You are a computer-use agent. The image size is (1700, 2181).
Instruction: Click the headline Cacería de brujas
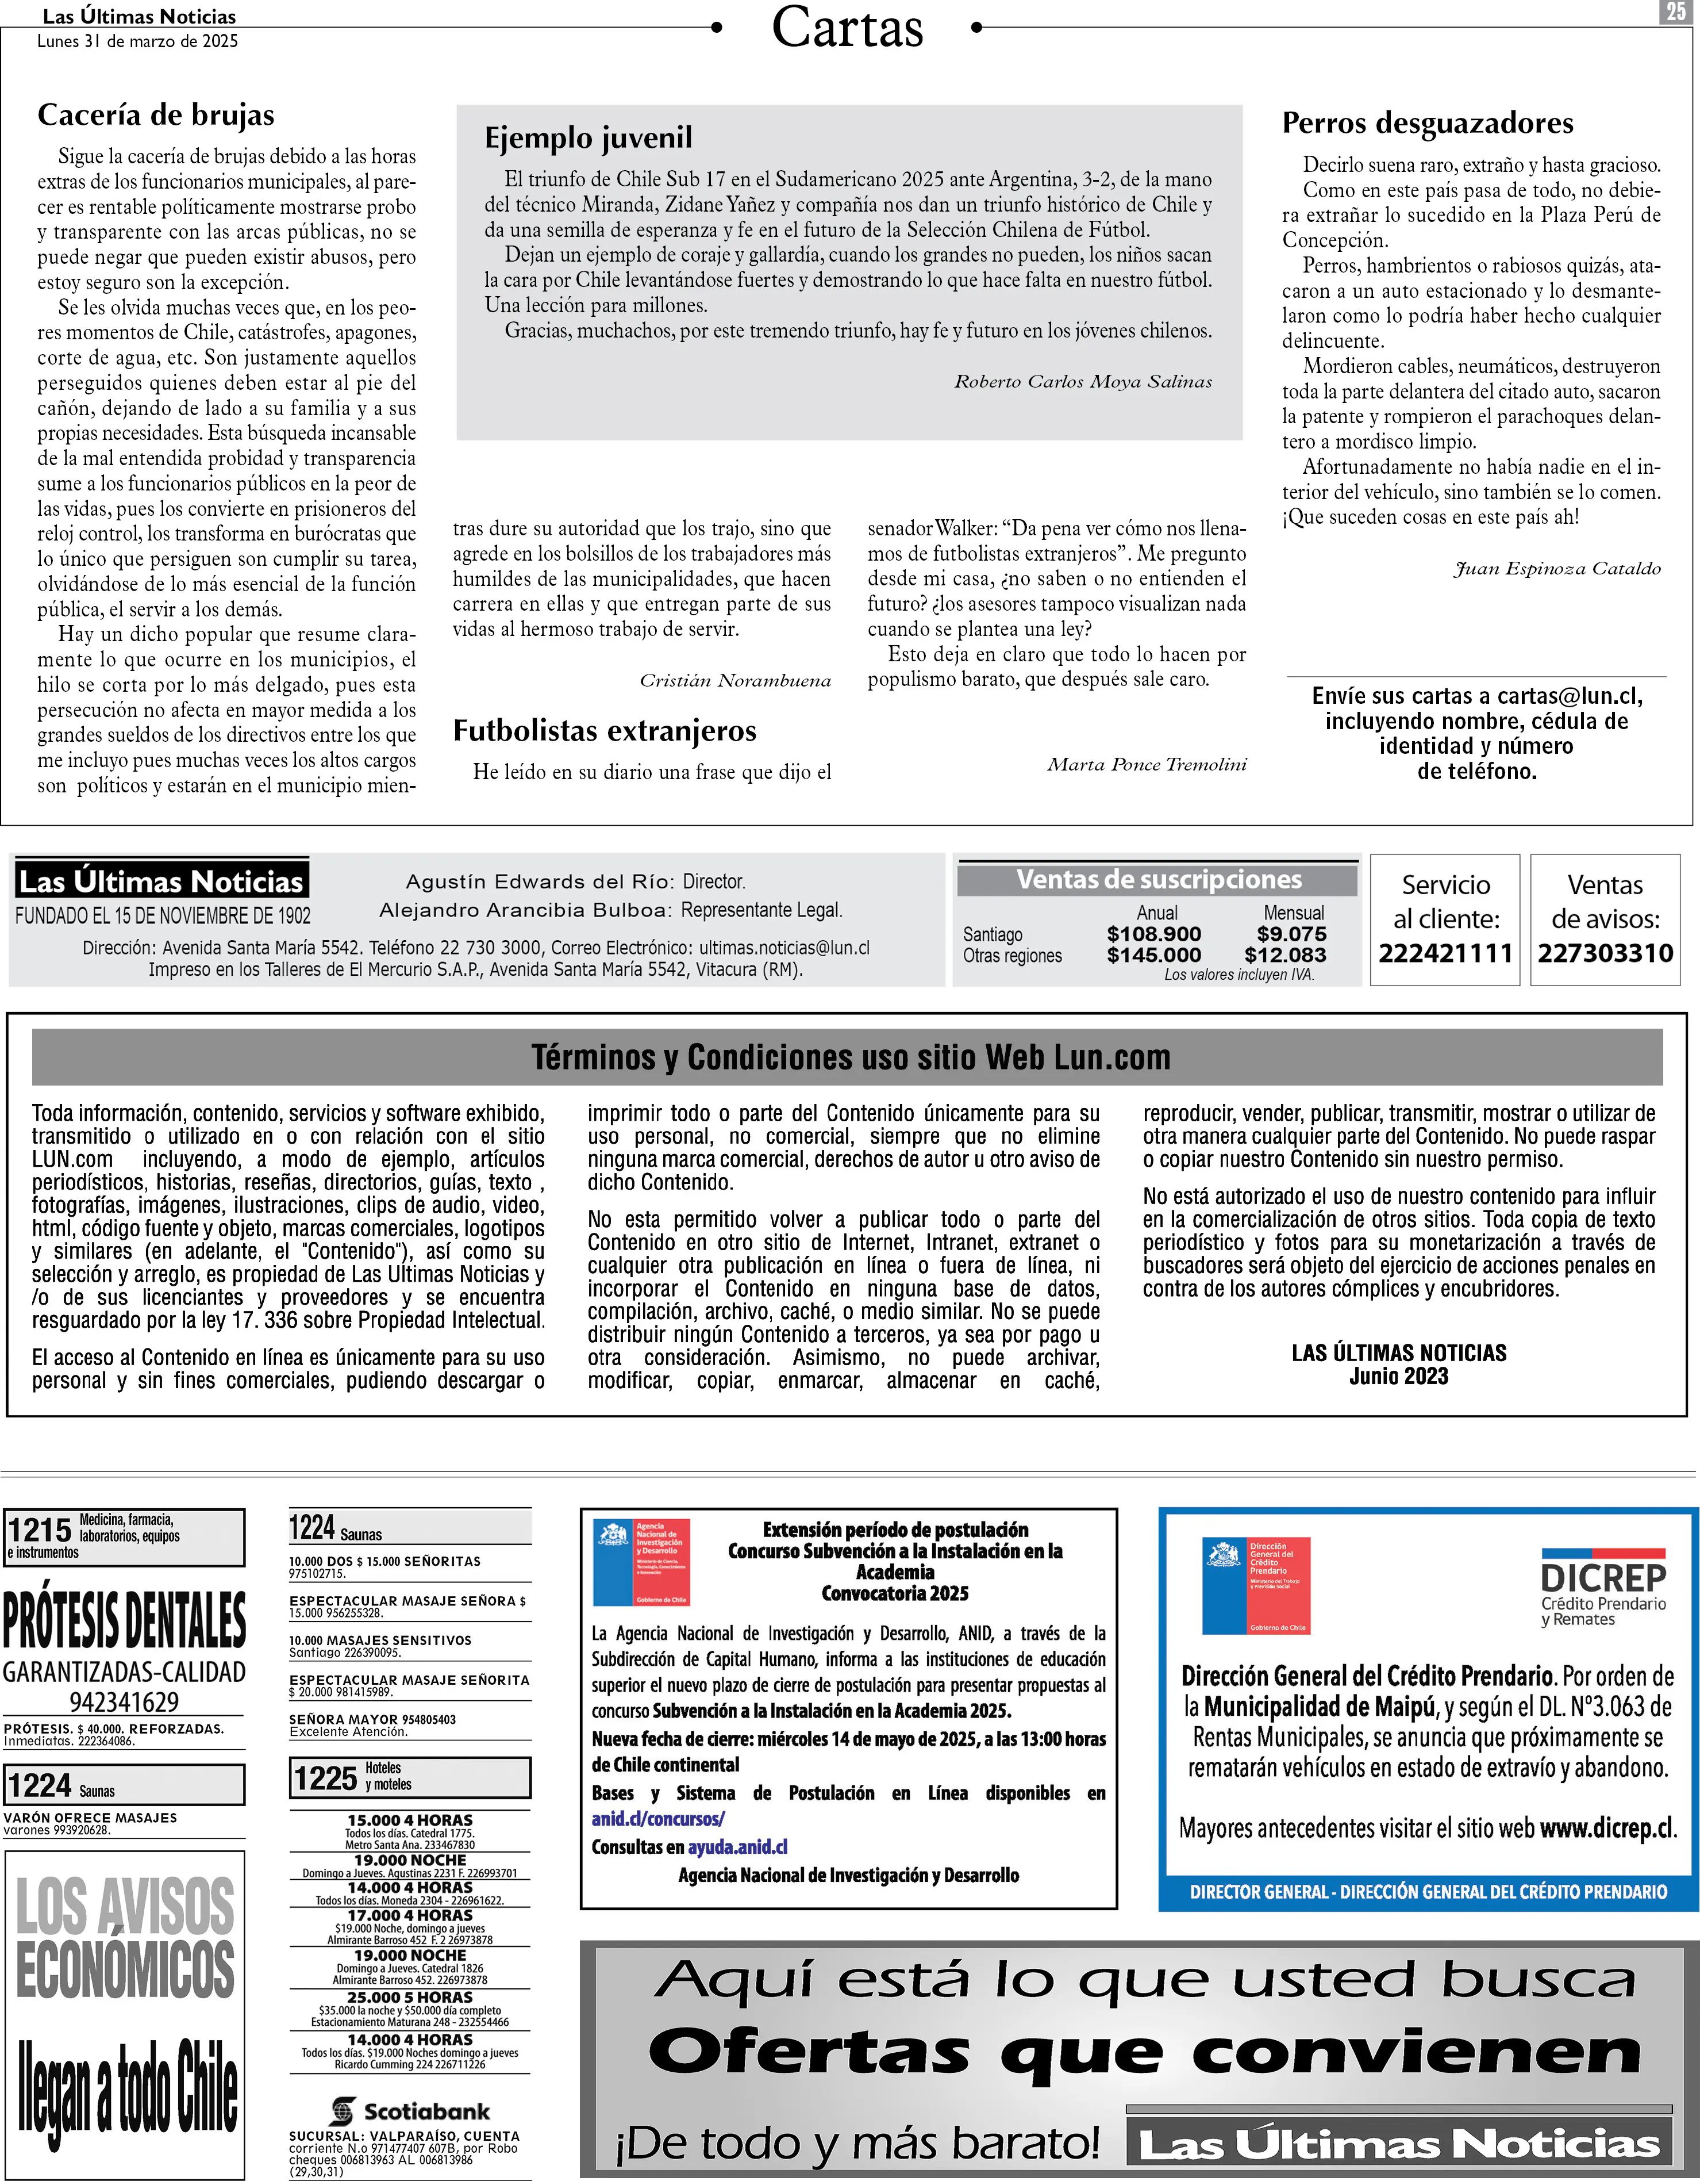tap(156, 116)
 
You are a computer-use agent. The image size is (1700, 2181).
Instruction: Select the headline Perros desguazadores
tap(1428, 124)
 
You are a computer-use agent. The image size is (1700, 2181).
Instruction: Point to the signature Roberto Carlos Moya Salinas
tap(1083, 381)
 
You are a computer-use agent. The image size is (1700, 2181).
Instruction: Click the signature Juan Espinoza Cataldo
tap(1557, 568)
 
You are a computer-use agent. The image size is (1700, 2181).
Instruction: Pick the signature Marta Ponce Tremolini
tap(1147, 765)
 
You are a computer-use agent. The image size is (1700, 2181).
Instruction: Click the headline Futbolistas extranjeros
tap(605, 731)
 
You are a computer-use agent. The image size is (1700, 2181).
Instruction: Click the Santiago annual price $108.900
tap(1154, 934)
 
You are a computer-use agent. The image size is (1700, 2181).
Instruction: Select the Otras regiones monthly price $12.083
tap(1286, 955)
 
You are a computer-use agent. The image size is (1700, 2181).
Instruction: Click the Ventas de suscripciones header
tap(1159, 880)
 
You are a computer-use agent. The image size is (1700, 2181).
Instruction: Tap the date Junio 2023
tap(1398, 1376)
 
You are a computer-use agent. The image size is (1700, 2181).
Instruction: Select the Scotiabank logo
tap(410, 2111)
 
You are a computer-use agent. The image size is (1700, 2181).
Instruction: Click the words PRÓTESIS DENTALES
tap(125, 1622)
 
